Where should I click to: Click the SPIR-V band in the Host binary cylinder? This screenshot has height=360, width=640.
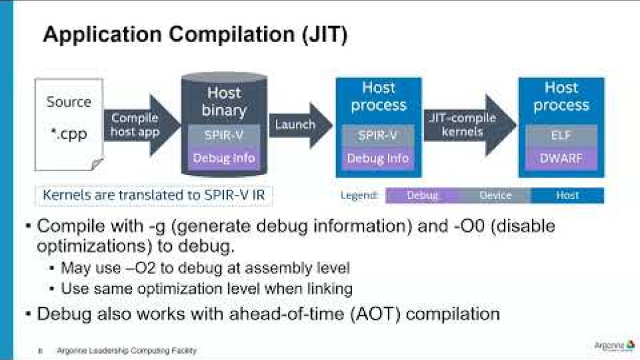[224, 136]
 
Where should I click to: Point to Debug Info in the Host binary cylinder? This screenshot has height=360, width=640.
[224, 158]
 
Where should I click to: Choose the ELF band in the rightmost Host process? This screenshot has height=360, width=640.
[561, 136]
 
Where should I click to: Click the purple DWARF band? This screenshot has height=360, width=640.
[561, 158]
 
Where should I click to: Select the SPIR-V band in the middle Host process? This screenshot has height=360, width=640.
[378, 136]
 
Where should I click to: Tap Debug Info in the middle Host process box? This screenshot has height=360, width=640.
[378, 158]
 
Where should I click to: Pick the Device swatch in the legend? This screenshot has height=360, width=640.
[495, 196]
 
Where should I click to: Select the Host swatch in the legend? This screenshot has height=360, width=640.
[567, 196]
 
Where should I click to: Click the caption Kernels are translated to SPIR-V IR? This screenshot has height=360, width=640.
[153, 196]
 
